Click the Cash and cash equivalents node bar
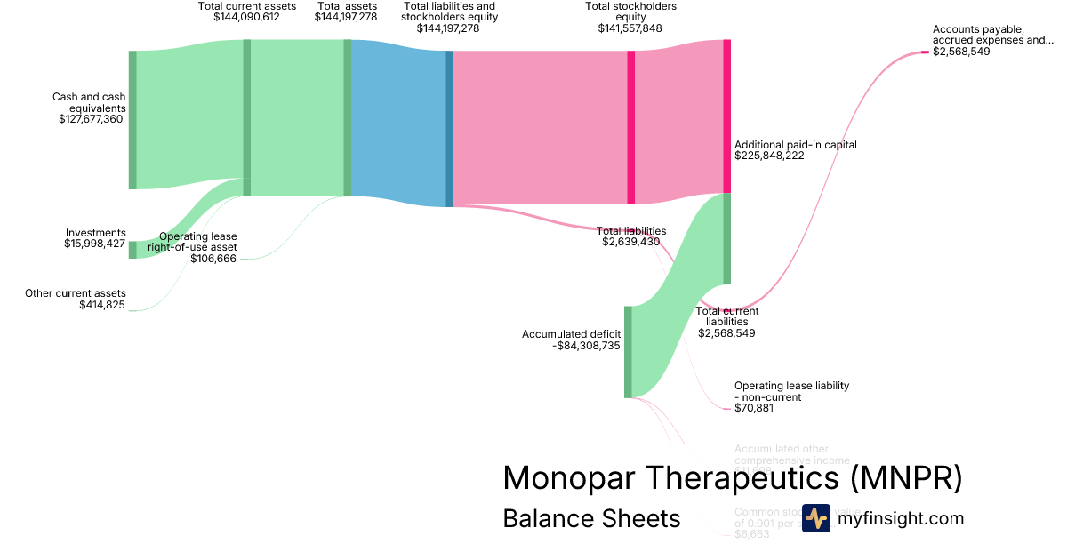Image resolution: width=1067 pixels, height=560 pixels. point(132,120)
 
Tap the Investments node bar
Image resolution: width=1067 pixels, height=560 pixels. point(132,249)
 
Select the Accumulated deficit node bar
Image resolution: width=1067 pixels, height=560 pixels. point(628,352)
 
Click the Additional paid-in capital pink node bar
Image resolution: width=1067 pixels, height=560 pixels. point(726,116)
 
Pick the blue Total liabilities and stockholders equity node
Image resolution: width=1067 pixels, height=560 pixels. point(449,128)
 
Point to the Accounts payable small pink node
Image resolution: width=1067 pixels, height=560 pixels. point(925,52)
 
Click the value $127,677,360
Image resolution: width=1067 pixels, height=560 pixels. point(91,119)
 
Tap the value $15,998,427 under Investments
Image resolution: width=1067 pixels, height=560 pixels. point(95,244)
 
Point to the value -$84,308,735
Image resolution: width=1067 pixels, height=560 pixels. point(586,347)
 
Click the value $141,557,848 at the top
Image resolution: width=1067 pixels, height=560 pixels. point(630,28)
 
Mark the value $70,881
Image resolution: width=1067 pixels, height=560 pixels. point(753,408)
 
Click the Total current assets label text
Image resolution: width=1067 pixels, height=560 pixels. point(247,6)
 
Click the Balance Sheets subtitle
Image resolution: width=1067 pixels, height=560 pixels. point(591,518)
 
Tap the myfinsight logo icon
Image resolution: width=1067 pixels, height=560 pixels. point(815,518)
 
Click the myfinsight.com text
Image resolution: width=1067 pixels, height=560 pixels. point(901,518)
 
